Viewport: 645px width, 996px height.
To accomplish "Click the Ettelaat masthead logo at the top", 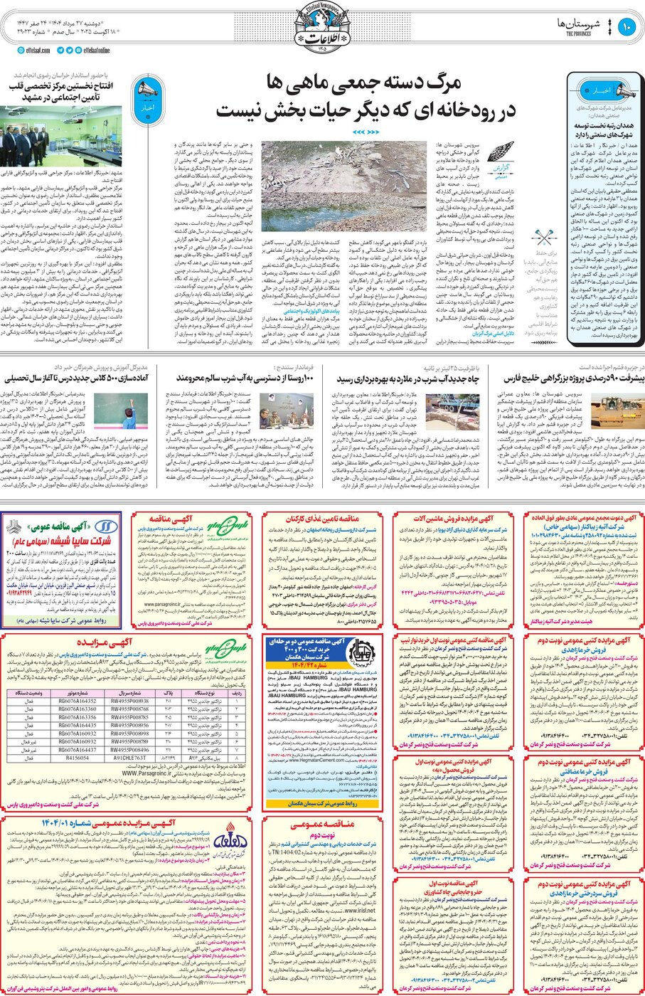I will (322, 28).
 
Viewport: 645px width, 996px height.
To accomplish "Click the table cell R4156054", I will (78, 758).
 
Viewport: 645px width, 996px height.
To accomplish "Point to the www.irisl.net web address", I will (356, 909).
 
